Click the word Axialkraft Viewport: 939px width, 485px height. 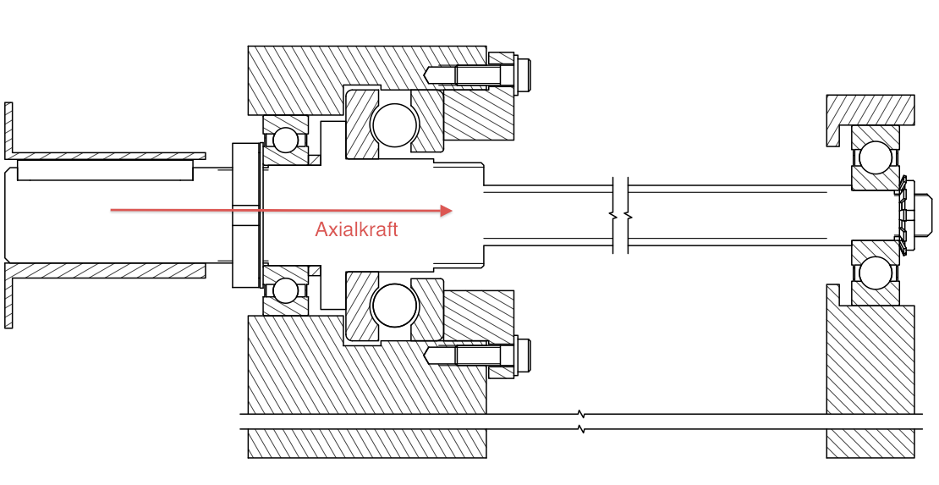(356, 229)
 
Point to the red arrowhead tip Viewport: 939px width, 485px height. (452, 211)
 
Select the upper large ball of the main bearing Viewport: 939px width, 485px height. (394, 125)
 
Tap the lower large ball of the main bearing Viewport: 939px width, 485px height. (394, 305)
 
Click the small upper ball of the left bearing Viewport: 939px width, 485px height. (285, 140)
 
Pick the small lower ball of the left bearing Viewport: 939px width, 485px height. (285, 291)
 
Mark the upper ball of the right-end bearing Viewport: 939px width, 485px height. (875, 157)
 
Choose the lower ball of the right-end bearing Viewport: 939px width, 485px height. (875, 273)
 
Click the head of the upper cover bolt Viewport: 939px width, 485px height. (523, 75)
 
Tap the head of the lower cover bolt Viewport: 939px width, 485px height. (523, 355)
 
